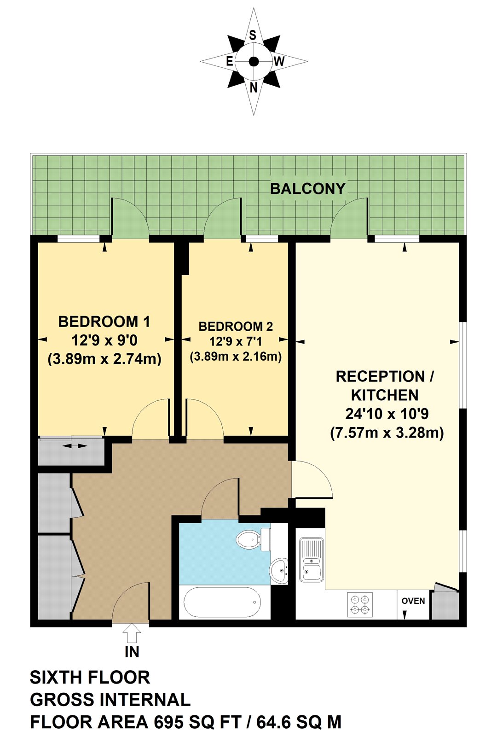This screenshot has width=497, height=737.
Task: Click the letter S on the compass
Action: click(x=253, y=35)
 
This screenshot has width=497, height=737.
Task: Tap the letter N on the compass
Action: click(x=254, y=88)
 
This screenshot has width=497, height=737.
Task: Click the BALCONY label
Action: click(x=307, y=189)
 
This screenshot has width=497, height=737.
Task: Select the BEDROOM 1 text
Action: click(x=104, y=322)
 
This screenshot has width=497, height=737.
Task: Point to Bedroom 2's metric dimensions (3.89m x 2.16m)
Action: click(x=236, y=356)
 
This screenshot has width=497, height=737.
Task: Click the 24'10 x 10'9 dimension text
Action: click(x=387, y=414)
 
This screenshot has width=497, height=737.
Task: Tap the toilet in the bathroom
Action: click(x=251, y=539)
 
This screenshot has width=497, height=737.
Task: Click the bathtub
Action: click(x=222, y=602)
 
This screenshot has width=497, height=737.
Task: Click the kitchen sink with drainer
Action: click(x=312, y=560)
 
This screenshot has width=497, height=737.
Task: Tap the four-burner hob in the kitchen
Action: click(x=359, y=605)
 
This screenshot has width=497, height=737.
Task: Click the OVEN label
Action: click(x=413, y=601)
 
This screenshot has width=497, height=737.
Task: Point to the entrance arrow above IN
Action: click(x=132, y=633)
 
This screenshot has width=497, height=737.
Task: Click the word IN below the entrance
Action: click(x=132, y=652)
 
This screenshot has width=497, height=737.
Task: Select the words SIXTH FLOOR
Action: click(x=90, y=678)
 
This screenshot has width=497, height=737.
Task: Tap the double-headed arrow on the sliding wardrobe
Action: click(x=75, y=445)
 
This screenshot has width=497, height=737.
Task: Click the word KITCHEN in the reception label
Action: click(x=385, y=395)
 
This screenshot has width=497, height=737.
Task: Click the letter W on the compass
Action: click(x=279, y=61)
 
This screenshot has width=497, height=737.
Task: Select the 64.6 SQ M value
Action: click(x=299, y=722)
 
